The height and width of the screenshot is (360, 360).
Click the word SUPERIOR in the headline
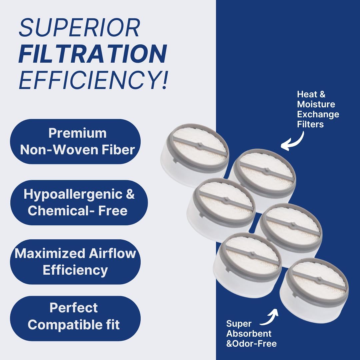coord(79,28)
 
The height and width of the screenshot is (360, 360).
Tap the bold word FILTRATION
coord(93,54)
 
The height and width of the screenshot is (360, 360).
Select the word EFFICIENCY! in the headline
coord(94,80)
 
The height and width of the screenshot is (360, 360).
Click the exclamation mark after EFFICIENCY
coord(164,80)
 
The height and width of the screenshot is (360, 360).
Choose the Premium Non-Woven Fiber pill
coord(75,141)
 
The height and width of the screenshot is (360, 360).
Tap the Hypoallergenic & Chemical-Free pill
coord(79,203)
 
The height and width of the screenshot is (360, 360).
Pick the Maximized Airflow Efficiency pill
coord(75,262)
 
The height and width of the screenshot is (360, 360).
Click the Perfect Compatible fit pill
coord(75,318)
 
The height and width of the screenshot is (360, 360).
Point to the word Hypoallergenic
coord(73,195)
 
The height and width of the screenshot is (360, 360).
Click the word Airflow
coord(112,253)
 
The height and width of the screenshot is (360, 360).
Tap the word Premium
coord(78,133)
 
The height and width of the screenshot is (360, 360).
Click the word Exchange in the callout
coord(318,114)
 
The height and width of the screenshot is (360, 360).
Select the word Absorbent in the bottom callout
coord(249,333)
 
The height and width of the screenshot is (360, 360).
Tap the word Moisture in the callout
coord(316,104)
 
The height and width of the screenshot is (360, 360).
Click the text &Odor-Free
coord(251,343)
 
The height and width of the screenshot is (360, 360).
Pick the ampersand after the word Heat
coord(322,94)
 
